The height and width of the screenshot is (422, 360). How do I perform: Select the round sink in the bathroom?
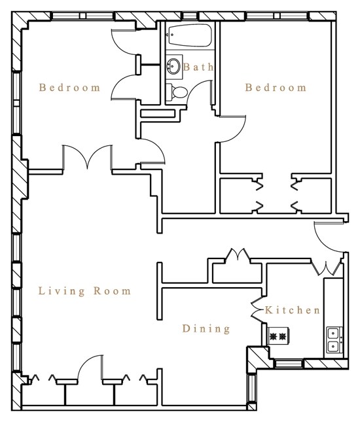(x=174, y=66)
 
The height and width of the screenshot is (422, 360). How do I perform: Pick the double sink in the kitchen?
(x=333, y=339)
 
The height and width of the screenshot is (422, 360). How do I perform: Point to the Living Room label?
(x=84, y=291)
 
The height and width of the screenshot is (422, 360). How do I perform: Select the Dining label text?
(x=206, y=328)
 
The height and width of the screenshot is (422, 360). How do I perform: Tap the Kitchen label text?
(x=293, y=310)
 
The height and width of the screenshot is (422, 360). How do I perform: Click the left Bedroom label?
(x=69, y=88)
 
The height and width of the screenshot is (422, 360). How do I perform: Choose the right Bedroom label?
(x=276, y=88)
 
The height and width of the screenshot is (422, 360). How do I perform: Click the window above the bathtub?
(x=189, y=15)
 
